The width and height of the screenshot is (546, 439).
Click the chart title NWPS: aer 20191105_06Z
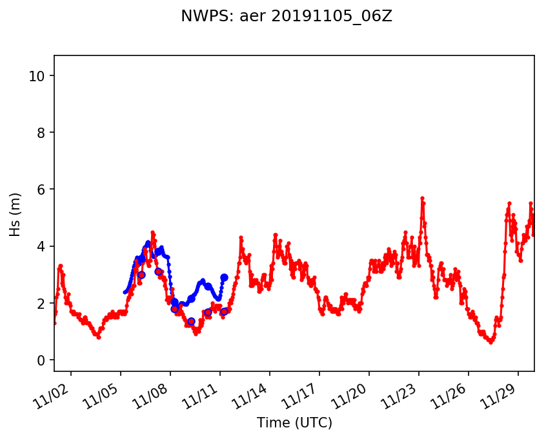[287, 17]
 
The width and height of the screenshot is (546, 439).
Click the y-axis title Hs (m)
[16, 214]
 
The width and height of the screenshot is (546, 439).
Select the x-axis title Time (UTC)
[294, 423]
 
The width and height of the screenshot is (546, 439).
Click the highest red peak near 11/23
[422, 199]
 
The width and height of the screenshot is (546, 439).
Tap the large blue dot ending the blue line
[224, 277]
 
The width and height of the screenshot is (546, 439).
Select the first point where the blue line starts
[125, 292]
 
